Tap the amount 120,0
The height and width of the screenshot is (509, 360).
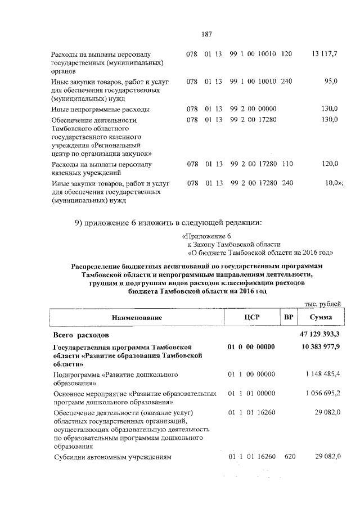pos(328,164)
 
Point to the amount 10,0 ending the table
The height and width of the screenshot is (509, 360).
pos(332,183)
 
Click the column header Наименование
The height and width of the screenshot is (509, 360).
pos(137,318)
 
